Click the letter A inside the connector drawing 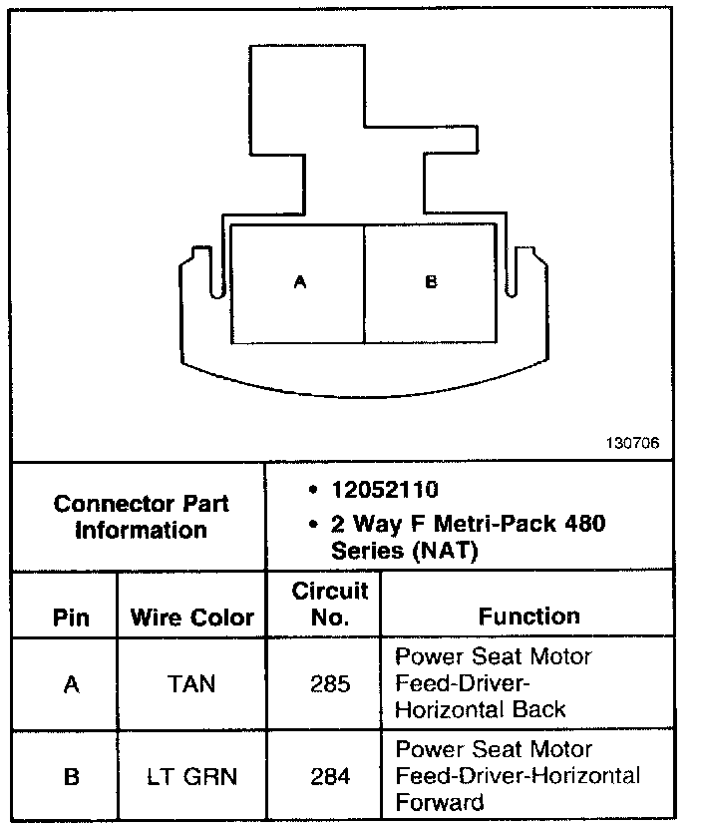point(299,283)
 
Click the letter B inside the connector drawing point(431,283)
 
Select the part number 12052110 point(385,491)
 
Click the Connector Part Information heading point(140,516)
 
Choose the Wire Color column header point(191,618)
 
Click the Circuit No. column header point(330,604)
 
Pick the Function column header point(528,617)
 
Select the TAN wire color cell point(191,685)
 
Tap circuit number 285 point(330,685)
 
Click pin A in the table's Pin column point(70,685)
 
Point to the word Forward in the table point(440,802)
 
